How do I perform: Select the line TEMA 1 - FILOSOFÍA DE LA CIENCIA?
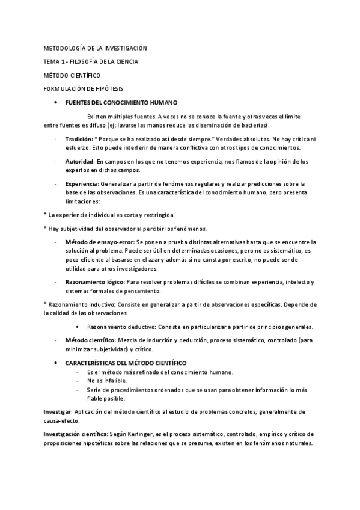(91, 61)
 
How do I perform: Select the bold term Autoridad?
(80, 161)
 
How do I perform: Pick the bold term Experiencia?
(82, 184)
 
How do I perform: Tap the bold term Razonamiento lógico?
(94, 281)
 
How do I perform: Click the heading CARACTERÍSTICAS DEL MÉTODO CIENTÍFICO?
(126, 363)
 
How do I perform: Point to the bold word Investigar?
(58, 411)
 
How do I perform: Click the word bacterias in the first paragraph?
(254, 125)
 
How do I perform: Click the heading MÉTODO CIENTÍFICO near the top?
(72, 75)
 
